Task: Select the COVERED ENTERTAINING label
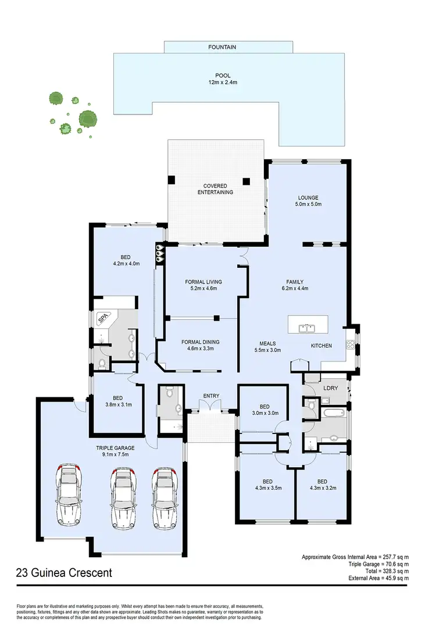(215, 189)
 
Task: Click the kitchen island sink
(307, 328)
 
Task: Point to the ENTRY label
(210, 396)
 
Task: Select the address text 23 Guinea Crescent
(64, 573)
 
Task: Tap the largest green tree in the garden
(88, 120)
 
